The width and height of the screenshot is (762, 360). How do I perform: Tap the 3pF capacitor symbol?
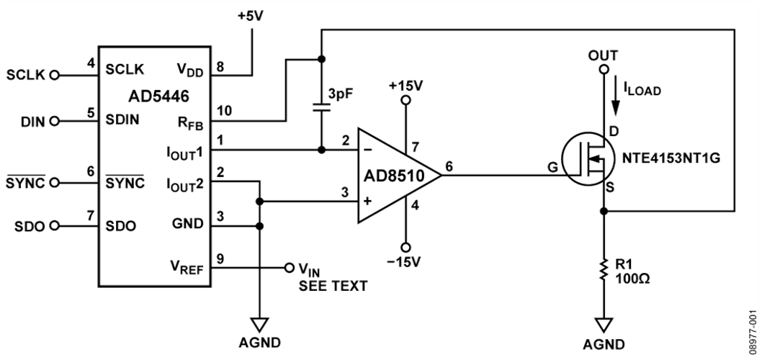tap(321, 107)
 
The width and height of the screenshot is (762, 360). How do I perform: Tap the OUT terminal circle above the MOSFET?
tap(604, 70)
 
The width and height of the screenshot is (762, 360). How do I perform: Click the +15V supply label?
tap(405, 86)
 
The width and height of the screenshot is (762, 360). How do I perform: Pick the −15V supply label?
tap(405, 261)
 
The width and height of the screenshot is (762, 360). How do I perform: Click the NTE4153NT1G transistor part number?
tap(662, 158)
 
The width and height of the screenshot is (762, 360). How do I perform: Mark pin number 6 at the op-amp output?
tap(449, 166)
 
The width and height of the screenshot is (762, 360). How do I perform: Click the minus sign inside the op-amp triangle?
tap(369, 151)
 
